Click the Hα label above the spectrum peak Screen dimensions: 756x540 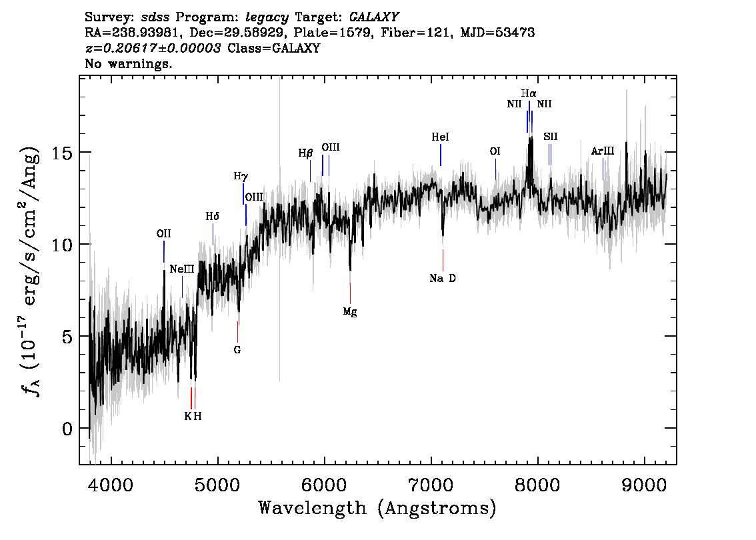(x=529, y=93)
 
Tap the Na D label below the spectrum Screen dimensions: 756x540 (x=443, y=278)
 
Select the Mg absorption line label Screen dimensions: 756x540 (x=350, y=312)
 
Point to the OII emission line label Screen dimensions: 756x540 (x=164, y=234)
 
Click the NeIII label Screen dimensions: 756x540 (x=182, y=269)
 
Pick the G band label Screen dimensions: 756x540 (x=237, y=350)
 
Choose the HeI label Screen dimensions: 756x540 (x=440, y=137)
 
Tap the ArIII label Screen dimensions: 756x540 (x=603, y=151)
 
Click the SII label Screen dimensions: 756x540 (x=551, y=137)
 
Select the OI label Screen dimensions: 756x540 (x=495, y=151)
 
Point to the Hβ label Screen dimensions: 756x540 (x=306, y=153)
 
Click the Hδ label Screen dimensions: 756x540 (x=213, y=217)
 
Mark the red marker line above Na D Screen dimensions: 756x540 (x=443, y=261)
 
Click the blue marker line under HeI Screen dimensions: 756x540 (x=441, y=155)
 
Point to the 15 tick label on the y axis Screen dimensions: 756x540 (x=63, y=153)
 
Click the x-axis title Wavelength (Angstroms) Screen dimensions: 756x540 (x=377, y=508)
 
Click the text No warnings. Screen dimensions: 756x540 (x=128, y=63)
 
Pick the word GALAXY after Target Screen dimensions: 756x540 (x=373, y=17)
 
